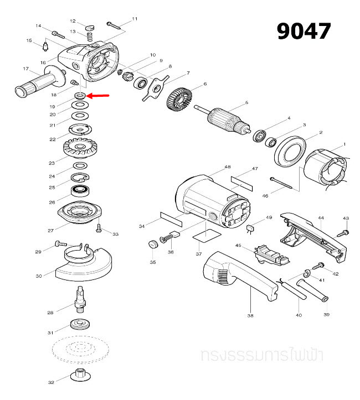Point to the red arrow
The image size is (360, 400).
[98, 96]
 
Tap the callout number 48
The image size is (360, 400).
[227, 167]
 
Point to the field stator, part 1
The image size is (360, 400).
[326, 169]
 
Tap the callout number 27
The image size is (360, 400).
[51, 231]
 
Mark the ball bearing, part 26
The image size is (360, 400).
[81, 192]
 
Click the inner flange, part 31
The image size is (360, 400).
[81, 324]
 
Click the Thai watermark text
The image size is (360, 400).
[263, 354]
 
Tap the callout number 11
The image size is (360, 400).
[134, 19]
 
